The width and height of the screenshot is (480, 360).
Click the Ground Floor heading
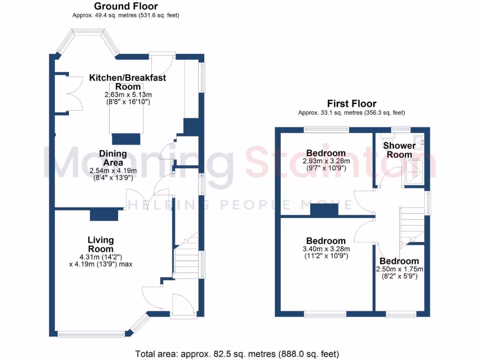[126, 6]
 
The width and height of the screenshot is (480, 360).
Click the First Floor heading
[352, 104]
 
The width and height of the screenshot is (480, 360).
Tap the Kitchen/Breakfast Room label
[127, 82]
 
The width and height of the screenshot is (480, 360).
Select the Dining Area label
[112, 158]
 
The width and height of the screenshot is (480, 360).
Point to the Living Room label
[101, 244]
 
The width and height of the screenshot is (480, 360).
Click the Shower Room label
[399, 150]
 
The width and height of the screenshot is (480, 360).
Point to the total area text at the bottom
[237, 353]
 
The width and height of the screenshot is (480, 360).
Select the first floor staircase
[411, 224]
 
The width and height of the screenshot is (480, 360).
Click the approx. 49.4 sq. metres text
[126, 15]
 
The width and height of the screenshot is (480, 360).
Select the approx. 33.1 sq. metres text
[352, 112]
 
